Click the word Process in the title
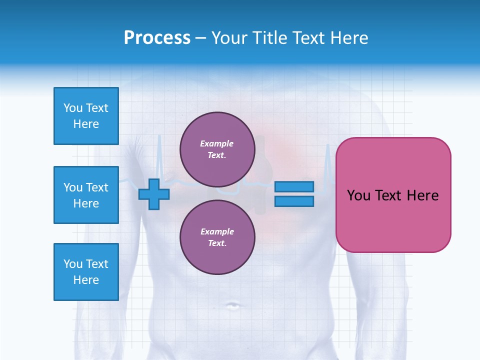pyautogui.click(x=157, y=38)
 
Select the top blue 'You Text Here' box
pyautogui.click(x=86, y=116)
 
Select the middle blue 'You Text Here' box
pyautogui.click(x=86, y=195)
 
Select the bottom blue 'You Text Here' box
pyautogui.click(x=86, y=272)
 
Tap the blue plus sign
pyautogui.click(x=153, y=194)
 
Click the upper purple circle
pyautogui.click(x=217, y=149)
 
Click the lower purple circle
pyautogui.click(x=217, y=237)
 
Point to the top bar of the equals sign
pyautogui.click(x=294, y=187)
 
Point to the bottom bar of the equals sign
pyautogui.click(x=294, y=201)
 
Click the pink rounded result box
pyautogui.click(x=393, y=220)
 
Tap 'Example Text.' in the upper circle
pyautogui.click(x=217, y=149)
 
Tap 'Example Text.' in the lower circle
pyautogui.click(x=217, y=237)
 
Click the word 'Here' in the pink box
pyautogui.click(x=422, y=195)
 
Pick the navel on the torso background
pyautogui.click(x=232, y=305)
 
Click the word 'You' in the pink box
pyautogui.click(x=358, y=195)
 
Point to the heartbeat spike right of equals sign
pyautogui.click(x=328, y=160)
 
